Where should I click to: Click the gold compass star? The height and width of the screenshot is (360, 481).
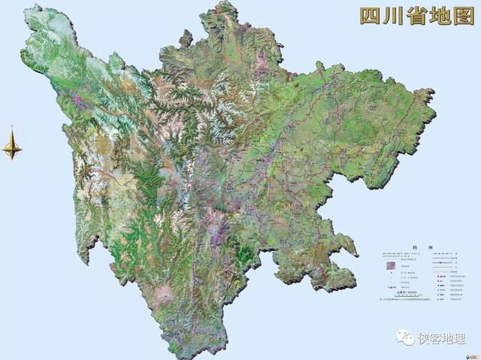click(x=12, y=144)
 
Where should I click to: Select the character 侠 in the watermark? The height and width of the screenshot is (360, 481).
click(x=425, y=338)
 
